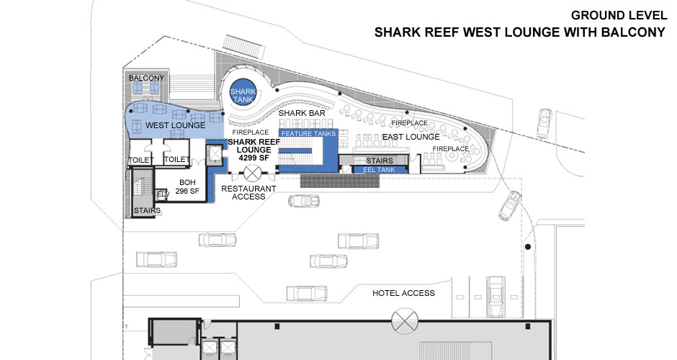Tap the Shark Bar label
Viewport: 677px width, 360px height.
(x=298, y=114)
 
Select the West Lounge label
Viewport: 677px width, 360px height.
(x=175, y=126)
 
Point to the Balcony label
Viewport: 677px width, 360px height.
(x=146, y=78)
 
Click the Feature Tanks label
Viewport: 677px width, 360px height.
(x=308, y=134)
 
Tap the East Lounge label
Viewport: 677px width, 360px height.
(x=411, y=137)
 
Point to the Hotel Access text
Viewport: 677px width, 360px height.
(x=403, y=293)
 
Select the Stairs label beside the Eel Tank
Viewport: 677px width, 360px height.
(x=379, y=161)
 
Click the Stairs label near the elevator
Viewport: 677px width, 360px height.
(x=146, y=210)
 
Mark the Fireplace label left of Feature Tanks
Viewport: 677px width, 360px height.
(x=251, y=132)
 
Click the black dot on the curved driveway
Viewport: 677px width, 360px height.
(x=528, y=248)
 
